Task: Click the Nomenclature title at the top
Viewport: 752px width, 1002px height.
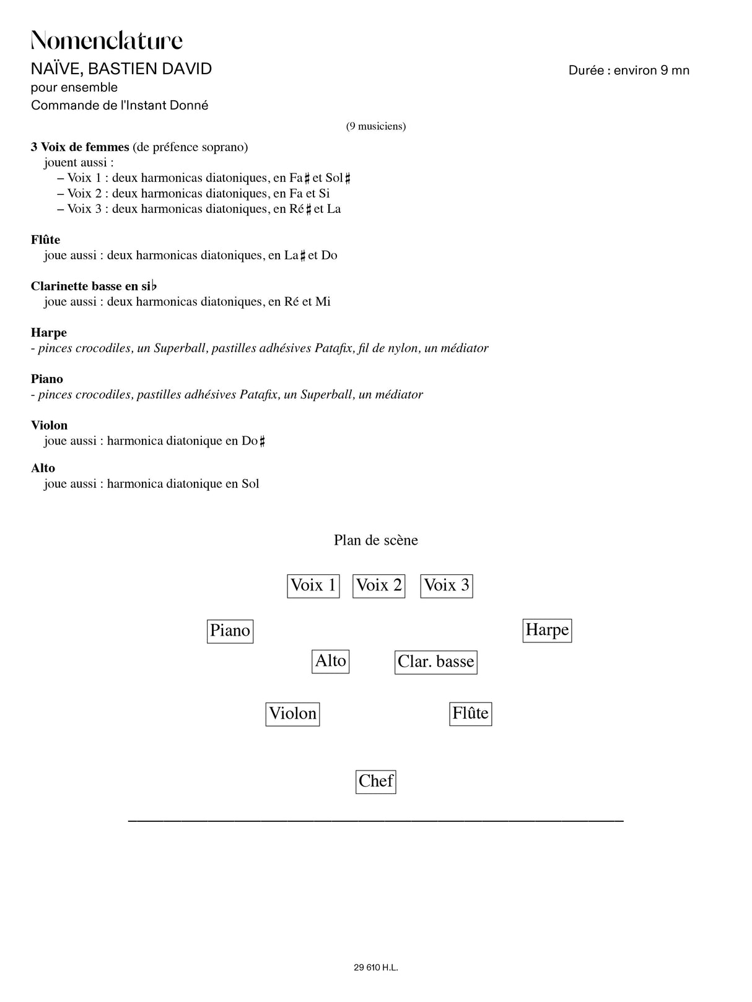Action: tap(107, 41)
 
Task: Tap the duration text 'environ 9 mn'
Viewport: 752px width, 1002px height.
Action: tap(651, 71)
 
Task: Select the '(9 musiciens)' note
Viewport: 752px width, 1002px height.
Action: tap(376, 126)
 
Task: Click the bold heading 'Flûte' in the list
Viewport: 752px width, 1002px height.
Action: tap(46, 240)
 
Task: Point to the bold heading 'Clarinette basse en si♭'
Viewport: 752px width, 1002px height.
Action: tap(94, 286)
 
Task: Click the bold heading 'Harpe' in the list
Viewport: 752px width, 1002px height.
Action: tap(49, 332)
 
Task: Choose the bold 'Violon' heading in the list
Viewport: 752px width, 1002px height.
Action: tap(50, 425)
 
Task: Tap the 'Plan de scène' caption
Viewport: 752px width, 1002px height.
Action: tap(376, 540)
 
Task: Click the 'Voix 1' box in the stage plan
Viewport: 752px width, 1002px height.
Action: tap(313, 585)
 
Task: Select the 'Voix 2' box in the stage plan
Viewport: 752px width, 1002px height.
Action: tap(379, 585)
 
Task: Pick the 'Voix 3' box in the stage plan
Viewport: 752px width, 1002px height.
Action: tap(447, 585)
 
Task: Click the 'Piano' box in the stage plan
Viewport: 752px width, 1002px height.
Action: tap(230, 631)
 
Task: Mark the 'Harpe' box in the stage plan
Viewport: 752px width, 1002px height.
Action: tap(547, 630)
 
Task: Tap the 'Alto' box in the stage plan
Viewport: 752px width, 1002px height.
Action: tap(331, 661)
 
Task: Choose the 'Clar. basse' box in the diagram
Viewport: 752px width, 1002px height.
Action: tap(436, 662)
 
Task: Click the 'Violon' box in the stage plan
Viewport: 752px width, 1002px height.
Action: tap(293, 714)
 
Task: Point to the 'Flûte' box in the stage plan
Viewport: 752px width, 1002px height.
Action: tap(471, 714)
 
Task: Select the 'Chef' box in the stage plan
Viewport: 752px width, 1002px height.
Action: tap(376, 781)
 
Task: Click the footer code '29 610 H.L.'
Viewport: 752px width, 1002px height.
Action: tap(376, 967)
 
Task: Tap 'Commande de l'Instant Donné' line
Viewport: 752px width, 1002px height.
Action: tap(120, 105)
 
